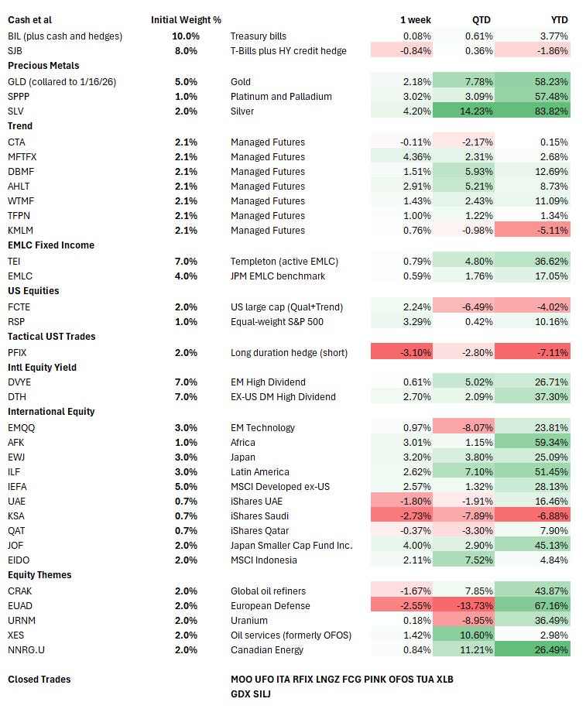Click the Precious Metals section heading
[43, 66]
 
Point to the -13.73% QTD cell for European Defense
[471, 605]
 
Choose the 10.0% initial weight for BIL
[185, 36]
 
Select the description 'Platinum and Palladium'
[281, 96]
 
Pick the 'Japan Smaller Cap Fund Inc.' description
[291, 546]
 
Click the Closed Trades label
[39, 680]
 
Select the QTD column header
[481, 20]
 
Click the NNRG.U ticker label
[26, 650]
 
